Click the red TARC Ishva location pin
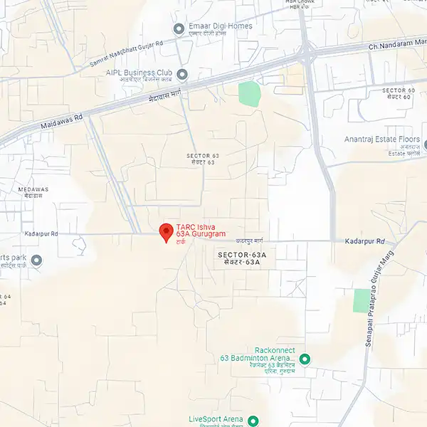point(166,231)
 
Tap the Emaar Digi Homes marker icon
point(179,28)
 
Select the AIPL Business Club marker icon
point(182,73)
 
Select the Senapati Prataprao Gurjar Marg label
point(379,302)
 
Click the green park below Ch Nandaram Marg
point(249,94)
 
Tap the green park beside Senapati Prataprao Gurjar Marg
point(362,300)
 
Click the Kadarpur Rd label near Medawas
point(41,233)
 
